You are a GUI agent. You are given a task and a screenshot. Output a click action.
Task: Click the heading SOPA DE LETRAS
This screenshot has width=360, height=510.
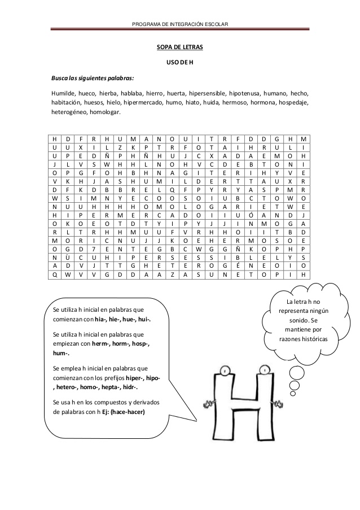[179, 48]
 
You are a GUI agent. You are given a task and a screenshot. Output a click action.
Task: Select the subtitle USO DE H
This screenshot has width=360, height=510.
[179, 62]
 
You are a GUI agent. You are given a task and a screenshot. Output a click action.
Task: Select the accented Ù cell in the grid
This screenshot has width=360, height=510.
[67, 258]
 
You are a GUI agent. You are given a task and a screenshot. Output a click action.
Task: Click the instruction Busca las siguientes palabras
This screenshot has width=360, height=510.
[89, 77]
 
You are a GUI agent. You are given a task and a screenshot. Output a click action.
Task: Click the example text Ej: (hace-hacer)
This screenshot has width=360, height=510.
[123, 412]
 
